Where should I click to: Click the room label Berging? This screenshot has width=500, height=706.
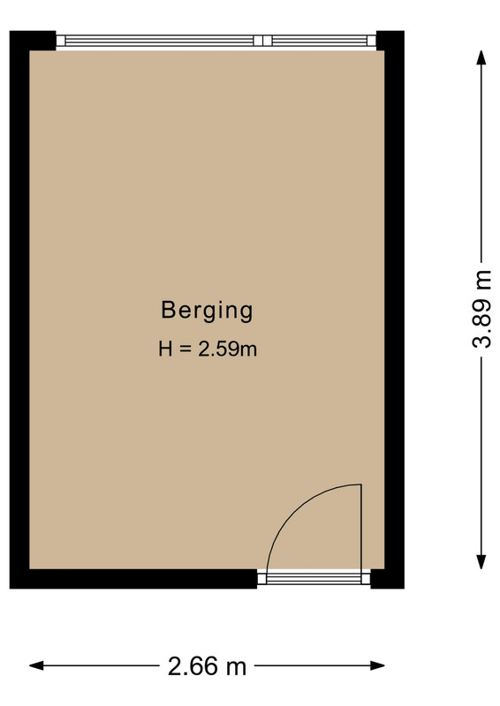click(x=207, y=312)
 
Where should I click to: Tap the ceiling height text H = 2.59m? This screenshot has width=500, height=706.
click(x=208, y=349)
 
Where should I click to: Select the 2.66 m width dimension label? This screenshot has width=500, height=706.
click(x=207, y=666)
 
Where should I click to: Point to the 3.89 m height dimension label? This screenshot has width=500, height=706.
click(x=481, y=310)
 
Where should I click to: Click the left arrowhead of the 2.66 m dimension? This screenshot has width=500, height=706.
click(x=36, y=665)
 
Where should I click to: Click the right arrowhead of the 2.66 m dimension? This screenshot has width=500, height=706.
click(x=377, y=665)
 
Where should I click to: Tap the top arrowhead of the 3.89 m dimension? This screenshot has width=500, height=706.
click(x=481, y=57)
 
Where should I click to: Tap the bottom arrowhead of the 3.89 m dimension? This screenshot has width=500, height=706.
click(x=481, y=562)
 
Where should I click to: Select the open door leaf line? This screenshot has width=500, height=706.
click(x=361, y=528)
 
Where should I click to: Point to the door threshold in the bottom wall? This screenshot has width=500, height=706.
click(x=314, y=578)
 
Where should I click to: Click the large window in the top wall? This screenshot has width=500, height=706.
click(x=216, y=41)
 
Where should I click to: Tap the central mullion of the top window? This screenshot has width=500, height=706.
click(x=263, y=41)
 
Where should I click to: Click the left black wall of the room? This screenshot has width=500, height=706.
click(x=19, y=310)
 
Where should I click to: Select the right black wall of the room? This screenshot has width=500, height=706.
click(x=394, y=310)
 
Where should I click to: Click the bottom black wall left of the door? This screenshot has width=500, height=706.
click(x=133, y=579)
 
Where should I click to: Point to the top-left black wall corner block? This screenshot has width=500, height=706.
click(x=33, y=41)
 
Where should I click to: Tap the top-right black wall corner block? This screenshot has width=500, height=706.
click(x=390, y=41)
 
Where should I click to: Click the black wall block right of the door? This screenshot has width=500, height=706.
click(x=387, y=579)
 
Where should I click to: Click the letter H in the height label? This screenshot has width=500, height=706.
click(x=165, y=349)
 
